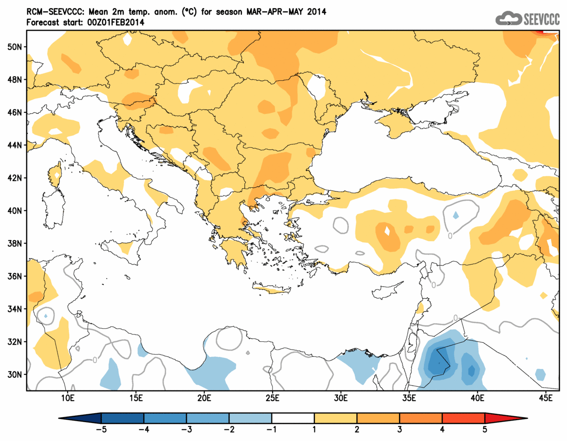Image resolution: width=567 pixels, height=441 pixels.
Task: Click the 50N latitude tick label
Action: pos(16,47)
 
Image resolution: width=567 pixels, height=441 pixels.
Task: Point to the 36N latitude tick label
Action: pos(16,276)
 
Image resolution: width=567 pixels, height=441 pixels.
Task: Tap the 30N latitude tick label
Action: pos(16,374)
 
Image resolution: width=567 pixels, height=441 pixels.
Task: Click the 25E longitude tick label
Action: pos(272,399)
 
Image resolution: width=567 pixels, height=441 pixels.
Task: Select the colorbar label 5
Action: pos(485,430)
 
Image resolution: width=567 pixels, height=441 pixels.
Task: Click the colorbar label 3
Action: pos(400,430)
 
